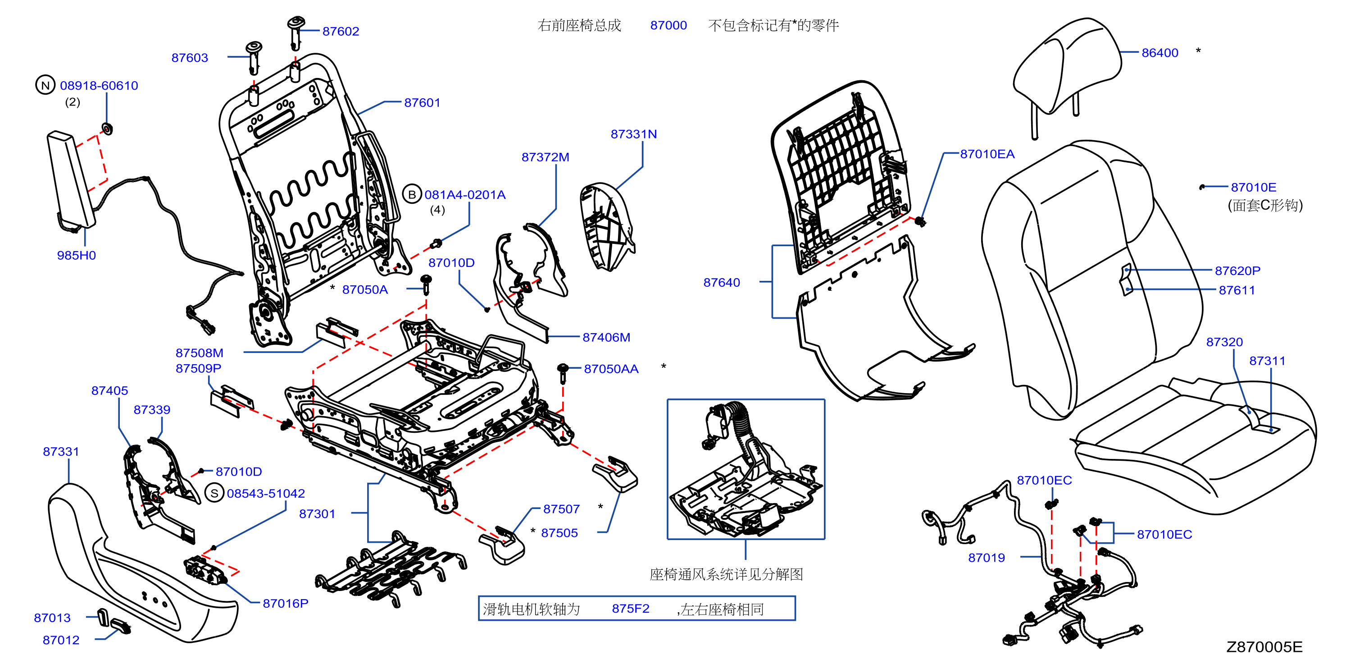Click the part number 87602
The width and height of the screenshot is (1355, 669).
[x=341, y=32]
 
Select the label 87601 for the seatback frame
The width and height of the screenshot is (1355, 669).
[x=422, y=103]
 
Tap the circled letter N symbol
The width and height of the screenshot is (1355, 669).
[x=45, y=85]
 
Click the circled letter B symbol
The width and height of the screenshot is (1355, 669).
[x=412, y=194]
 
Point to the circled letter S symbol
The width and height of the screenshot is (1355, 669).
[x=214, y=493]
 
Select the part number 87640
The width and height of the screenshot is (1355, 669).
[x=722, y=283]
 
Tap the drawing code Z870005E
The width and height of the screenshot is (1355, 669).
[x=1264, y=647]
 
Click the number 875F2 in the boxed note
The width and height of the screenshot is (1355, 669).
[x=630, y=609]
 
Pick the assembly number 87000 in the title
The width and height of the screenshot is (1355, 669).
[x=668, y=25]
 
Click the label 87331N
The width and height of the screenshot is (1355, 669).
[x=633, y=134]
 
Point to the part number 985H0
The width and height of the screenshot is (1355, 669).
[x=76, y=255]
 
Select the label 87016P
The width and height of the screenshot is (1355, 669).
[x=286, y=603]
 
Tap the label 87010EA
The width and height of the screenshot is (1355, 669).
[x=987, y=154]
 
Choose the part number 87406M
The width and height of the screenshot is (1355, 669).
[x=606, y=337]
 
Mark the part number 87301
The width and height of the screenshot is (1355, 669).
[x=317, y=514]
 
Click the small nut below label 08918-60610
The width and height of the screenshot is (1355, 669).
[x=107, y=128]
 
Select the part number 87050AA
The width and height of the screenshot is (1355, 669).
[x=611, y=369]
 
